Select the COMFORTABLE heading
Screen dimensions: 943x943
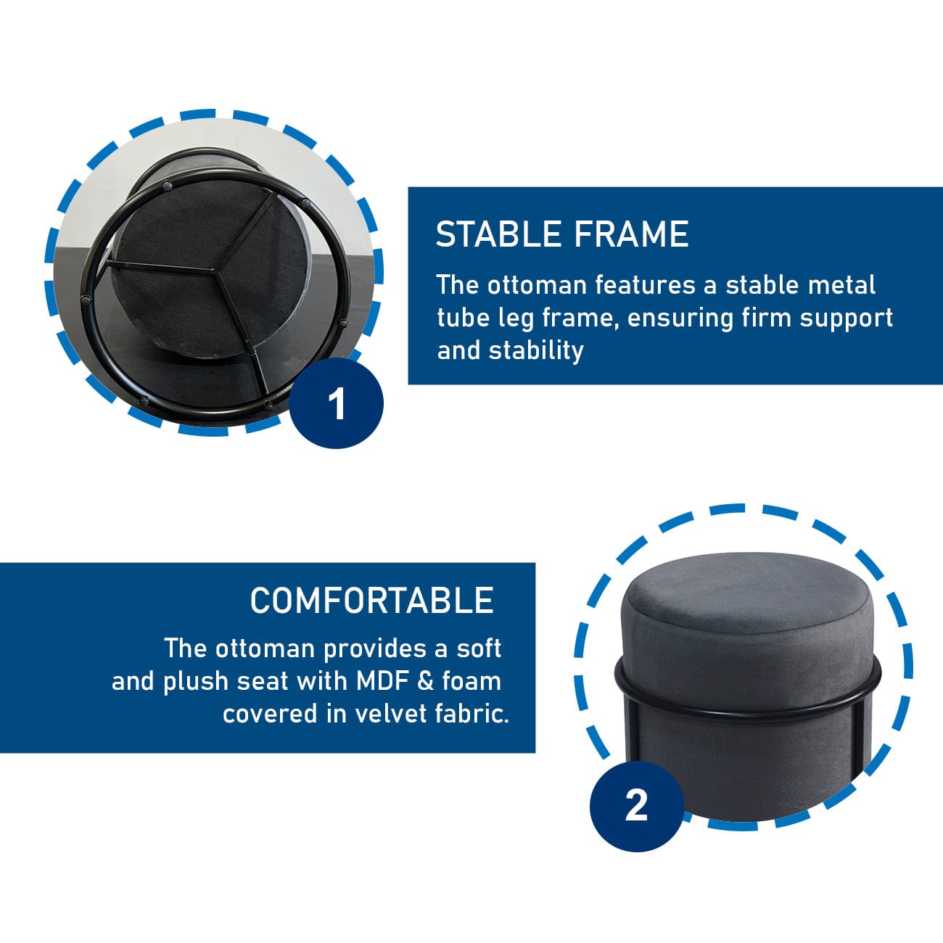tap(371, 601)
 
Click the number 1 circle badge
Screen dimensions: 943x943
tap(337, 403)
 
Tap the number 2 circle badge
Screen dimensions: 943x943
tap(636, 805)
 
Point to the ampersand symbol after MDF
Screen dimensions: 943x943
tap(428, 681)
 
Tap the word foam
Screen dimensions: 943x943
tap(471, 681)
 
